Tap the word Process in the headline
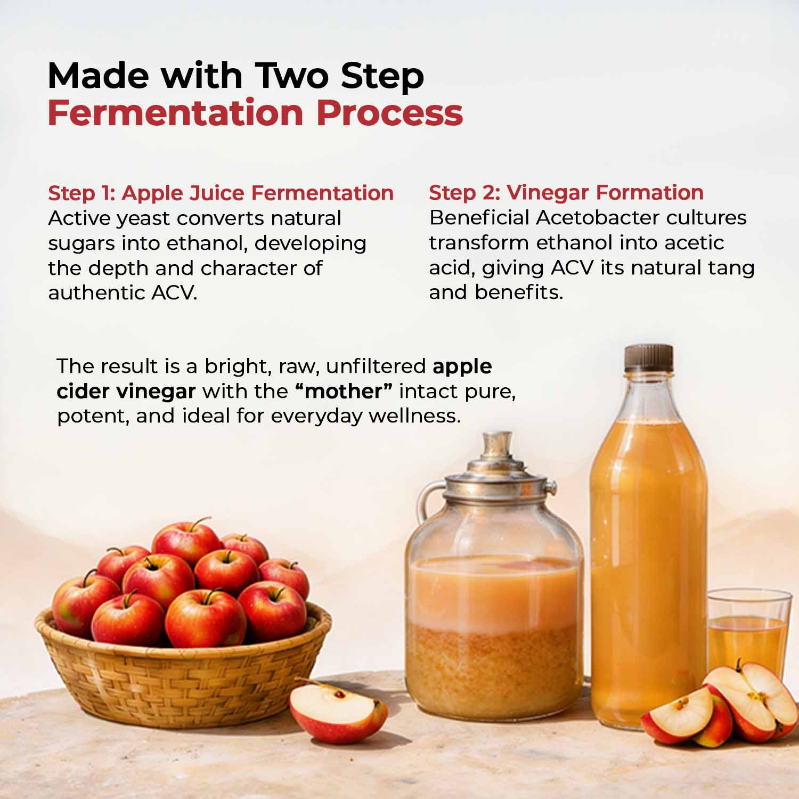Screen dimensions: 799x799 click(x=389, y=113)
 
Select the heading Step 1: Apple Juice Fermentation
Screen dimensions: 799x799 click(x=221, y=193)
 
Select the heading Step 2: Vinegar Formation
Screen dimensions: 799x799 click(x=566, y=192)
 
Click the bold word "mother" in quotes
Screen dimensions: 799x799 click(x=344, y=391)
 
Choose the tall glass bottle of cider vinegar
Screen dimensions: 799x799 click(x=648, y=559)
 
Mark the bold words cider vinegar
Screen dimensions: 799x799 click(x=126, y=391)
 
